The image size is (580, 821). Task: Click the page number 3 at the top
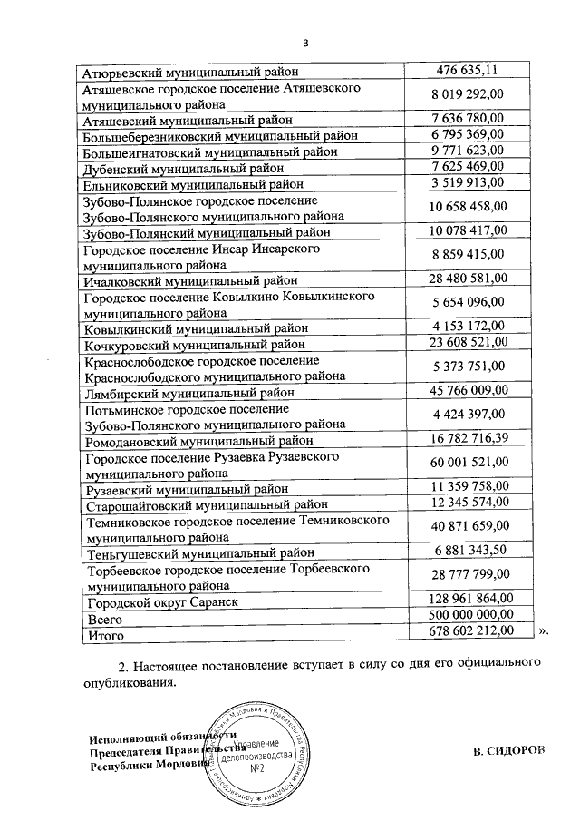[x=305, y=42]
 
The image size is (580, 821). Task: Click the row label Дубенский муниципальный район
[x=184, y=168]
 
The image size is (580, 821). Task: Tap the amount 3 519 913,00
[x=469, y=182]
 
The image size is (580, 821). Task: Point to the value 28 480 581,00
[x=469, y=279]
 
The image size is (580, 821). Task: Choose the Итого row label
[x=102, y=633]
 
